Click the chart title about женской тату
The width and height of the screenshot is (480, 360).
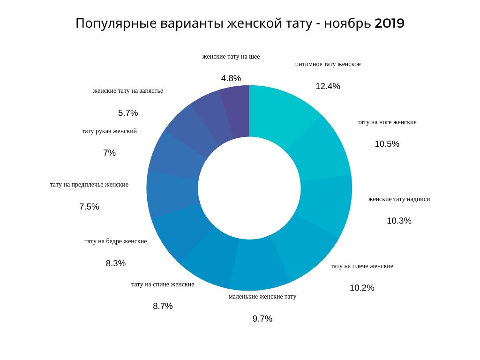(240, 23)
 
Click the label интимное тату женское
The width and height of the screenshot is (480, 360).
(328, 64)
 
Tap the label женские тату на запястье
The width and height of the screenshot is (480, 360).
(128, 91)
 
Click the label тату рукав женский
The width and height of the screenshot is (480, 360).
(109, 131)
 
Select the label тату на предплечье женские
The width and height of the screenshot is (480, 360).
(89, 185)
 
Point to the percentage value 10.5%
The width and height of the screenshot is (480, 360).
(387, 144)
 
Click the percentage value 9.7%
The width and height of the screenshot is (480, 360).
(262, 319)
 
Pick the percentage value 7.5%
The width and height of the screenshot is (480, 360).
(89, 207)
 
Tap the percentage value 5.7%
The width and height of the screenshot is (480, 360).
(128, 113)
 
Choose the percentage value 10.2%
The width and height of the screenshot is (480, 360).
(362, 288)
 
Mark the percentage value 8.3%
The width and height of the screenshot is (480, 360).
(116, 263)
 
